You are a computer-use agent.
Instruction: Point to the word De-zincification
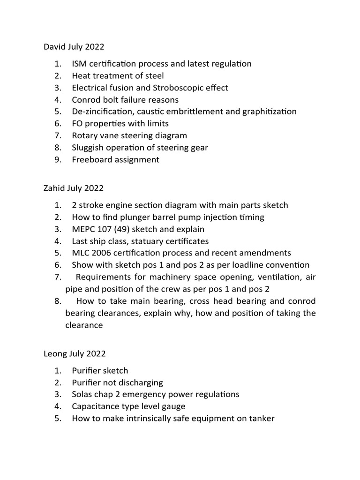tap(101, 112)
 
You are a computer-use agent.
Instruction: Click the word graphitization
tap(269, 112)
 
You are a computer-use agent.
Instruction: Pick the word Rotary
tap(85, 135)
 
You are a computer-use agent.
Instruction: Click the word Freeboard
tap(92, 160)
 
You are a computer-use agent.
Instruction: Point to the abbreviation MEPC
tap(84, 229)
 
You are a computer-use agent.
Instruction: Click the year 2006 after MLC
tap(102, 253)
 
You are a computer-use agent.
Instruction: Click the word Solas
tap(82, 394)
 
